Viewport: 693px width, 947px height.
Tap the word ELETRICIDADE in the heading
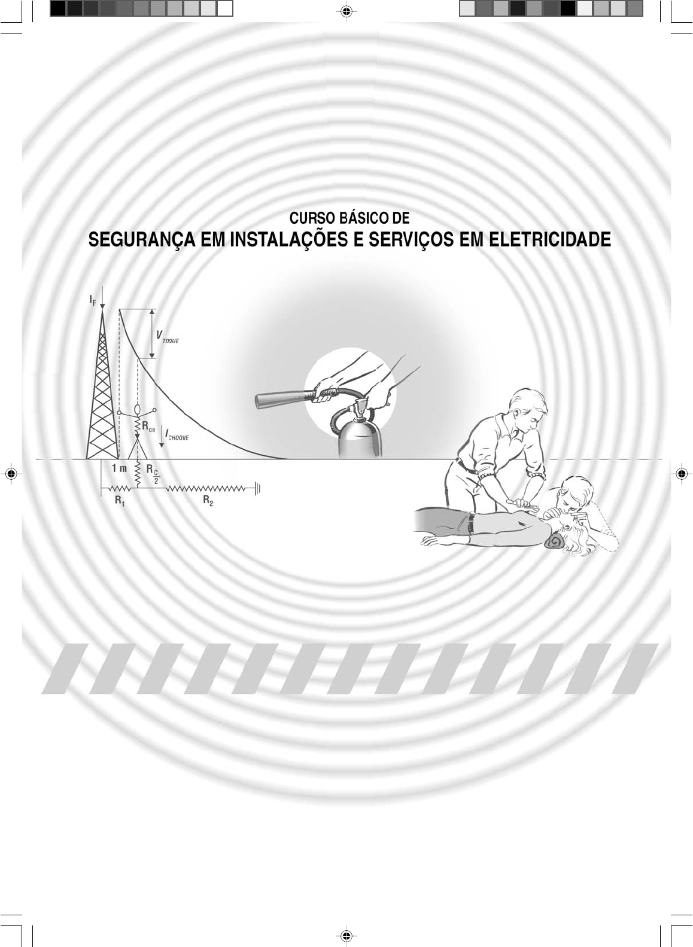coord(550,240)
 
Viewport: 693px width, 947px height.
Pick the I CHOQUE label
coord(177,434)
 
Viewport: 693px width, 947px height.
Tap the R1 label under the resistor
coord(120,501)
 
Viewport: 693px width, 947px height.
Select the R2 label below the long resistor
coord(208,501)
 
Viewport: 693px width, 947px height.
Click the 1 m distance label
coord(119,468)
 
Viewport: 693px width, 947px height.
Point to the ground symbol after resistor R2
coord(257,489)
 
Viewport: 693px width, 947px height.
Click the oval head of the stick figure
coord(138,410)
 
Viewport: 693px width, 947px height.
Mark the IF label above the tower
coord(93,300)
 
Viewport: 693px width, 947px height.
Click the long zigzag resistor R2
coord(206,489)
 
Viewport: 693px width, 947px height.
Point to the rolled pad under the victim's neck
coord(555,541)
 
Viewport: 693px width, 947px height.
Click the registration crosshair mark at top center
coord(346,12)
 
